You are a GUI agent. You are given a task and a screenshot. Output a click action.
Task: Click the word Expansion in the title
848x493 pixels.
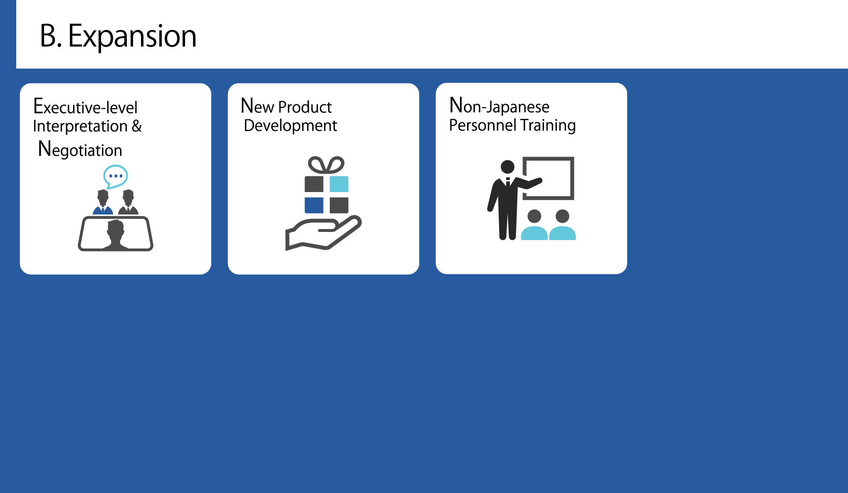pos(132,37)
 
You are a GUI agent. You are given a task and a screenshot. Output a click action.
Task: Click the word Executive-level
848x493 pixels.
pos(85,106)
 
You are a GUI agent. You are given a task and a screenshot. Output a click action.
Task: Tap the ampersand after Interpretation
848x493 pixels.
pos(137,126)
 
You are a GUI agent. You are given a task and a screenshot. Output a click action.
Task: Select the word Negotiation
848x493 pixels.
pos(80,149)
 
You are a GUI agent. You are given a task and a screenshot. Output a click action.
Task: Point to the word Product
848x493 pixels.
pos(305,107)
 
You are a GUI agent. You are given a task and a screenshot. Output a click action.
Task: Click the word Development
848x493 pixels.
pos(290,126)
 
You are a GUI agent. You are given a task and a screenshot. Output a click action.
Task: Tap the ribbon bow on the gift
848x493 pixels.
pos(326,165)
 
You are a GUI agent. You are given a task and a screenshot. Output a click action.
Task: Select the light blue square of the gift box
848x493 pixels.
pos(339,184)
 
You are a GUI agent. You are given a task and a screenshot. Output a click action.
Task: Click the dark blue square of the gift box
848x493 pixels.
pos(314,205)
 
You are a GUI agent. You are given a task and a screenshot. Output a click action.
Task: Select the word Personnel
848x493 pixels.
pos(483,125)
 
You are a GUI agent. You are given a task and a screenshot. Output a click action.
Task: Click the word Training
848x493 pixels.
pos(548,125)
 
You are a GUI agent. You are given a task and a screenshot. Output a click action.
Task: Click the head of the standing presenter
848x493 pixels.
pos(507,167)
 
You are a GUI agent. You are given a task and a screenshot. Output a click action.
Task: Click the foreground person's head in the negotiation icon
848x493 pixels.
pos(115,229)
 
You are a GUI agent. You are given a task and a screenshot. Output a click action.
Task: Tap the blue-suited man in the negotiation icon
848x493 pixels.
pos(103,202)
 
